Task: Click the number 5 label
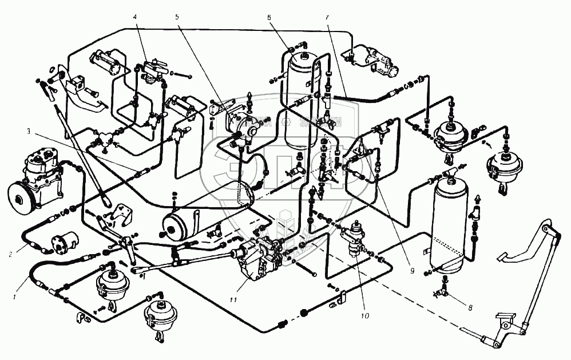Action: [x=178, y=17]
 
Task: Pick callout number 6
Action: [x=268, y=17]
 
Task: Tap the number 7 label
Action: [x=327, y=17]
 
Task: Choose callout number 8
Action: [x=470, y=308]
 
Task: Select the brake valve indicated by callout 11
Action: [x=257, y=260]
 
